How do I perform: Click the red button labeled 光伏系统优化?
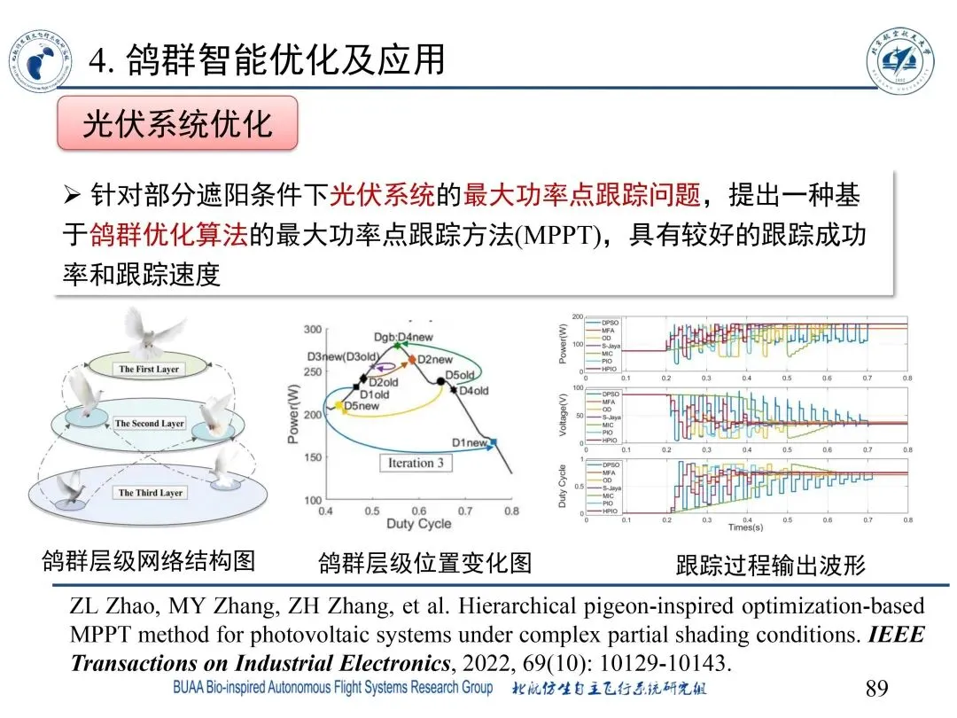[x=177, y=124]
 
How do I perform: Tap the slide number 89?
[x=875, y=688]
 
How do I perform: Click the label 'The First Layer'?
[x=149, y=369]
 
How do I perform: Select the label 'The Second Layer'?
[x=149, y=424]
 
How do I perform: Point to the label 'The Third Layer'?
[x=151, y=493]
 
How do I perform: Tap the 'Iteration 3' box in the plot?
[x=416, y=463]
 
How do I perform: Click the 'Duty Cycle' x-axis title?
[x=418, y=524]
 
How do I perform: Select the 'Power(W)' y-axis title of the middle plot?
[x=295, y=414]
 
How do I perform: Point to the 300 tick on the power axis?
[x=313, y=330]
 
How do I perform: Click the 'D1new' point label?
[x=469, y=442]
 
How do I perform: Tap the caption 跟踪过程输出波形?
[x=770, y=565]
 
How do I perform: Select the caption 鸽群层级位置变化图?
[x=424, y=563]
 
